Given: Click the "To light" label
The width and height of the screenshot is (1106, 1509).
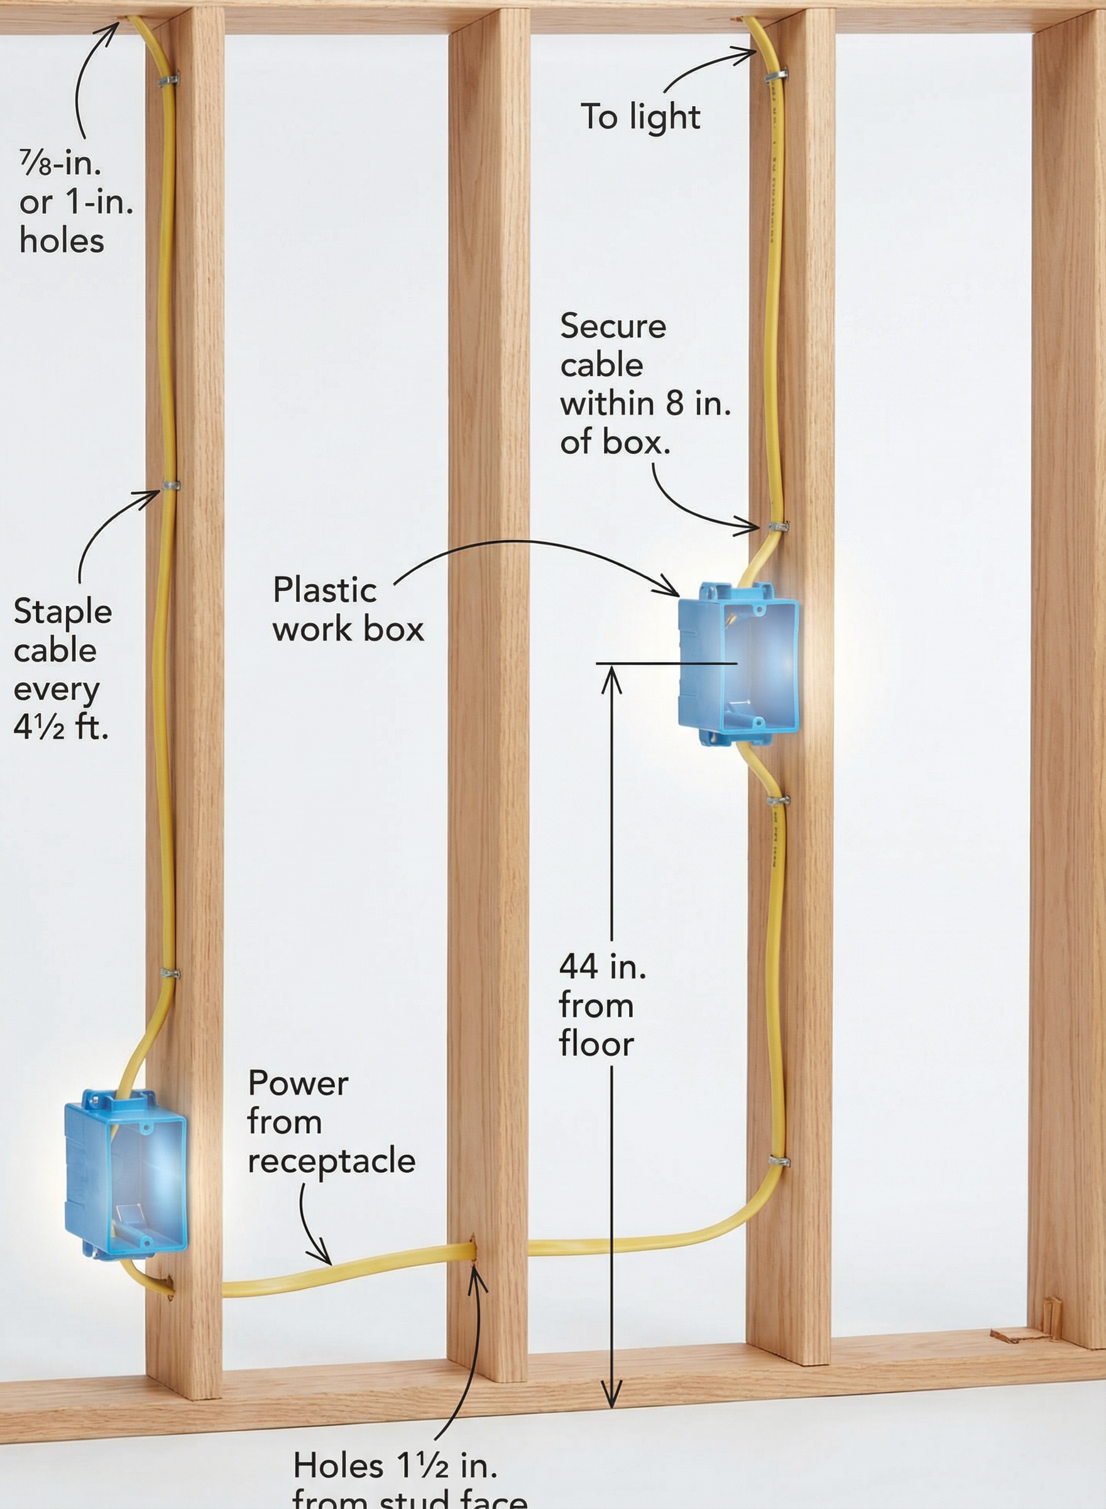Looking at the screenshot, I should [639, 117].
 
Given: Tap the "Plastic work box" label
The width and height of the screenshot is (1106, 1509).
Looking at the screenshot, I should [348, 609].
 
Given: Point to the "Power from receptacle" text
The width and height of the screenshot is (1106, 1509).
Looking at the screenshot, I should [331, 1122].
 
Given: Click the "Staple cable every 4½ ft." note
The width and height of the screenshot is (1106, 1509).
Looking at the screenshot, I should [62, 669].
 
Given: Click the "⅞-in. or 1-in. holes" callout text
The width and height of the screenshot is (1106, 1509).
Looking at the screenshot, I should [75, 202].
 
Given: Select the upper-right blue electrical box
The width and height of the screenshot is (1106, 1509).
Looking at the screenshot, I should [738, 663].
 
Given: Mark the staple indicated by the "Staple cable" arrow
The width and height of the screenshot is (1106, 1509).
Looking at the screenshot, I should [171, 485].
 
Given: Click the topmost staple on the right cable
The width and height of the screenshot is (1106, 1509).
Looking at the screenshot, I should [776, 75].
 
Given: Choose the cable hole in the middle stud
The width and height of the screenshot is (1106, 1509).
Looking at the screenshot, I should [474, 1251].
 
